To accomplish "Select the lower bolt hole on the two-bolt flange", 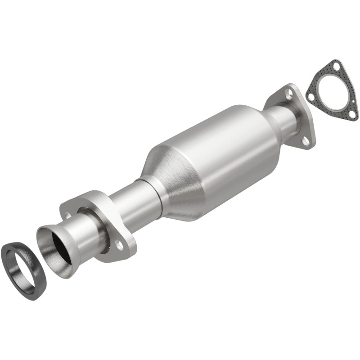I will click(x=119, y=244).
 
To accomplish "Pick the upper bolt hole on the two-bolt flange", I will click(x=68, y=215).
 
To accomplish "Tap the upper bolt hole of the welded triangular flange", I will click(x=289, y=94).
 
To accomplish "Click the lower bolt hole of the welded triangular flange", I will click(x=306, y=140).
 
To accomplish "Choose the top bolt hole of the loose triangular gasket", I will click(x=336, y=67).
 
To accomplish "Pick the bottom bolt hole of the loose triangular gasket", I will click(x=352, y=114).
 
